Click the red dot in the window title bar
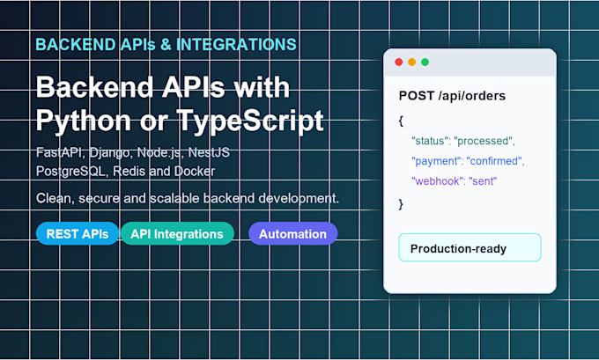[398, 62]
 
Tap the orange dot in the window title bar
[412, 62]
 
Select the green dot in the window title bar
[425, 62]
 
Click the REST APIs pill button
[78, 233]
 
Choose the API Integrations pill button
[177, 233]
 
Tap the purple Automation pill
[293, 233]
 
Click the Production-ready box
[470, 247]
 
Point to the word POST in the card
[417, 96]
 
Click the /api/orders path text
[472, 96]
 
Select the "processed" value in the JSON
[484, 141]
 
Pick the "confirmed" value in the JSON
[496, 161]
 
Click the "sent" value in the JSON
[483, 181]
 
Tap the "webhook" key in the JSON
[437, 181]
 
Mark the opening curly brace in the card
[401, 121]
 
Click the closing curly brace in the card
[401, 204]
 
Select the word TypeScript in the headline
[250, 121]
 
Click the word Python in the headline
[84, 121]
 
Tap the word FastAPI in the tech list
[59, 152]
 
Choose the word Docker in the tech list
[195, 171]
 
